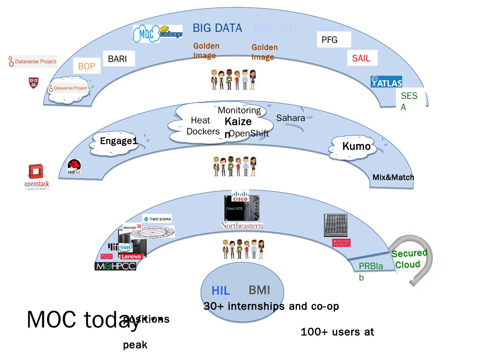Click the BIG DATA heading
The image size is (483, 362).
tap(217, 28)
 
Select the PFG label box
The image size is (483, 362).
tap(333, 40)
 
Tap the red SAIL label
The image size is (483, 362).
tap(362, 58)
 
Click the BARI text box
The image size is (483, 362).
tap(118, 59)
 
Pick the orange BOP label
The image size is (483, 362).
tap(87, 66)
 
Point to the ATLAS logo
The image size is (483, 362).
tap(386, 82)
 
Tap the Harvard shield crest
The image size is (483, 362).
tap(34, 83)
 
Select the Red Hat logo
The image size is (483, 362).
tap(74, 167)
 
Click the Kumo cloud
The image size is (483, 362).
tap(356, 146)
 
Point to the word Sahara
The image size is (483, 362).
tap(290, 118)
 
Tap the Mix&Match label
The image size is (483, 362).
tap(393, 177)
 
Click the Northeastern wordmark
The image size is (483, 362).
tap(241, 226)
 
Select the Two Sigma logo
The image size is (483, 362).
tap(157, 219)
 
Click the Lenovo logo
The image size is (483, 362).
tap(131, 256)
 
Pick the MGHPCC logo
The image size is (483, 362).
tap(115, 266)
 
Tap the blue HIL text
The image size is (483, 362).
tap(221, 291)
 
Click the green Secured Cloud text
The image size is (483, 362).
tap(409, 259)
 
